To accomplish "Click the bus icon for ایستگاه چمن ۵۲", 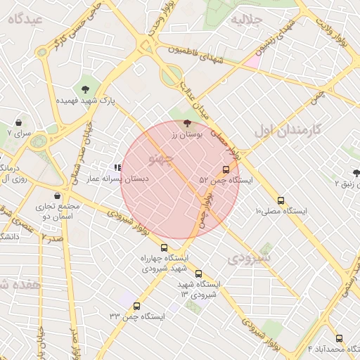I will click(226, 169).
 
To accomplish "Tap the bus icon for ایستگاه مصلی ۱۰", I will click(281, 200).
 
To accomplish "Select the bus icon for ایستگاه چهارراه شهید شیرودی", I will click(164, 247).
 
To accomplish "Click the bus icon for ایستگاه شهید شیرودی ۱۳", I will click(198, 274).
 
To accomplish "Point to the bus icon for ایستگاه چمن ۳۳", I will click(136, 306).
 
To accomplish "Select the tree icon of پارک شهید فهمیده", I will click(86, 89).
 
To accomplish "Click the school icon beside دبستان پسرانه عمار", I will click(117, 168).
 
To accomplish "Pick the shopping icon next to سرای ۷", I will click(18, 121).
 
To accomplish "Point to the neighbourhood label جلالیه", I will click(247, 19).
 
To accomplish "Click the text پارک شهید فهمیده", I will click(86, 101).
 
